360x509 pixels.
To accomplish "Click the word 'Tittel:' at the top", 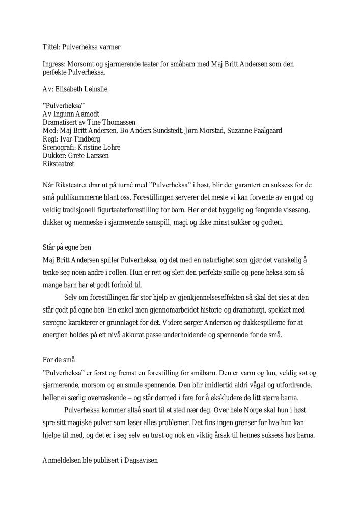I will [51, 47].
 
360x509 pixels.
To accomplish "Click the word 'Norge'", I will [219, 410].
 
